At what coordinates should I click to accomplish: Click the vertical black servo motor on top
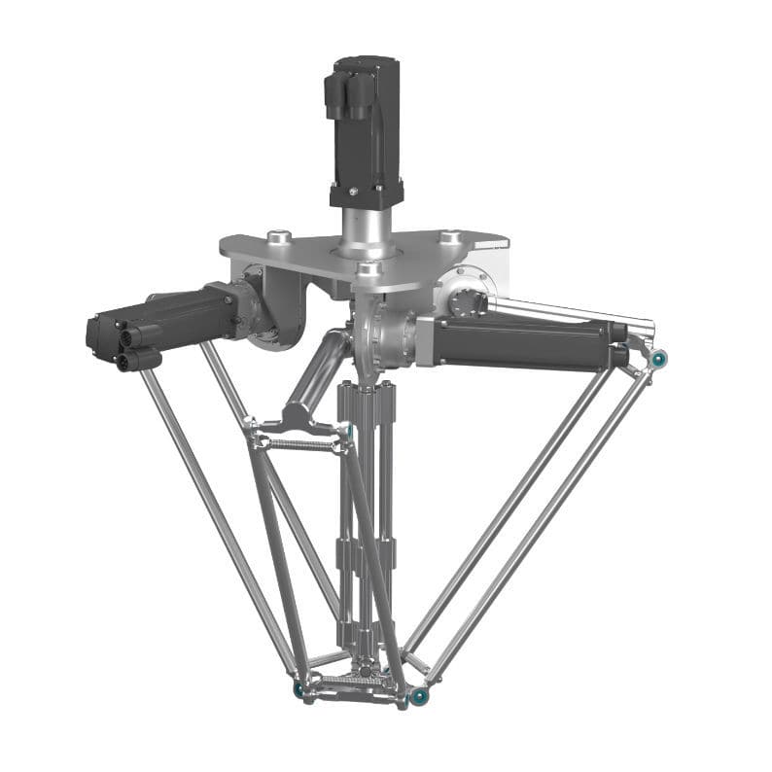[x=365, y=131]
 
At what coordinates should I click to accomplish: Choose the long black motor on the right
[x=525, y=342]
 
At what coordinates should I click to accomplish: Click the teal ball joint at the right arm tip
[x=658, y=360]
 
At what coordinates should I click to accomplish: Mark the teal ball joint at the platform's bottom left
[x=299, y=688]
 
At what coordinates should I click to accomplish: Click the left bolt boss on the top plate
[x=278, y=235]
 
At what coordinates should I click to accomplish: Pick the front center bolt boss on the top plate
[x=367, y=269]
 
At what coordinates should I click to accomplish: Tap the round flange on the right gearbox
[x=465, y=302]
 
